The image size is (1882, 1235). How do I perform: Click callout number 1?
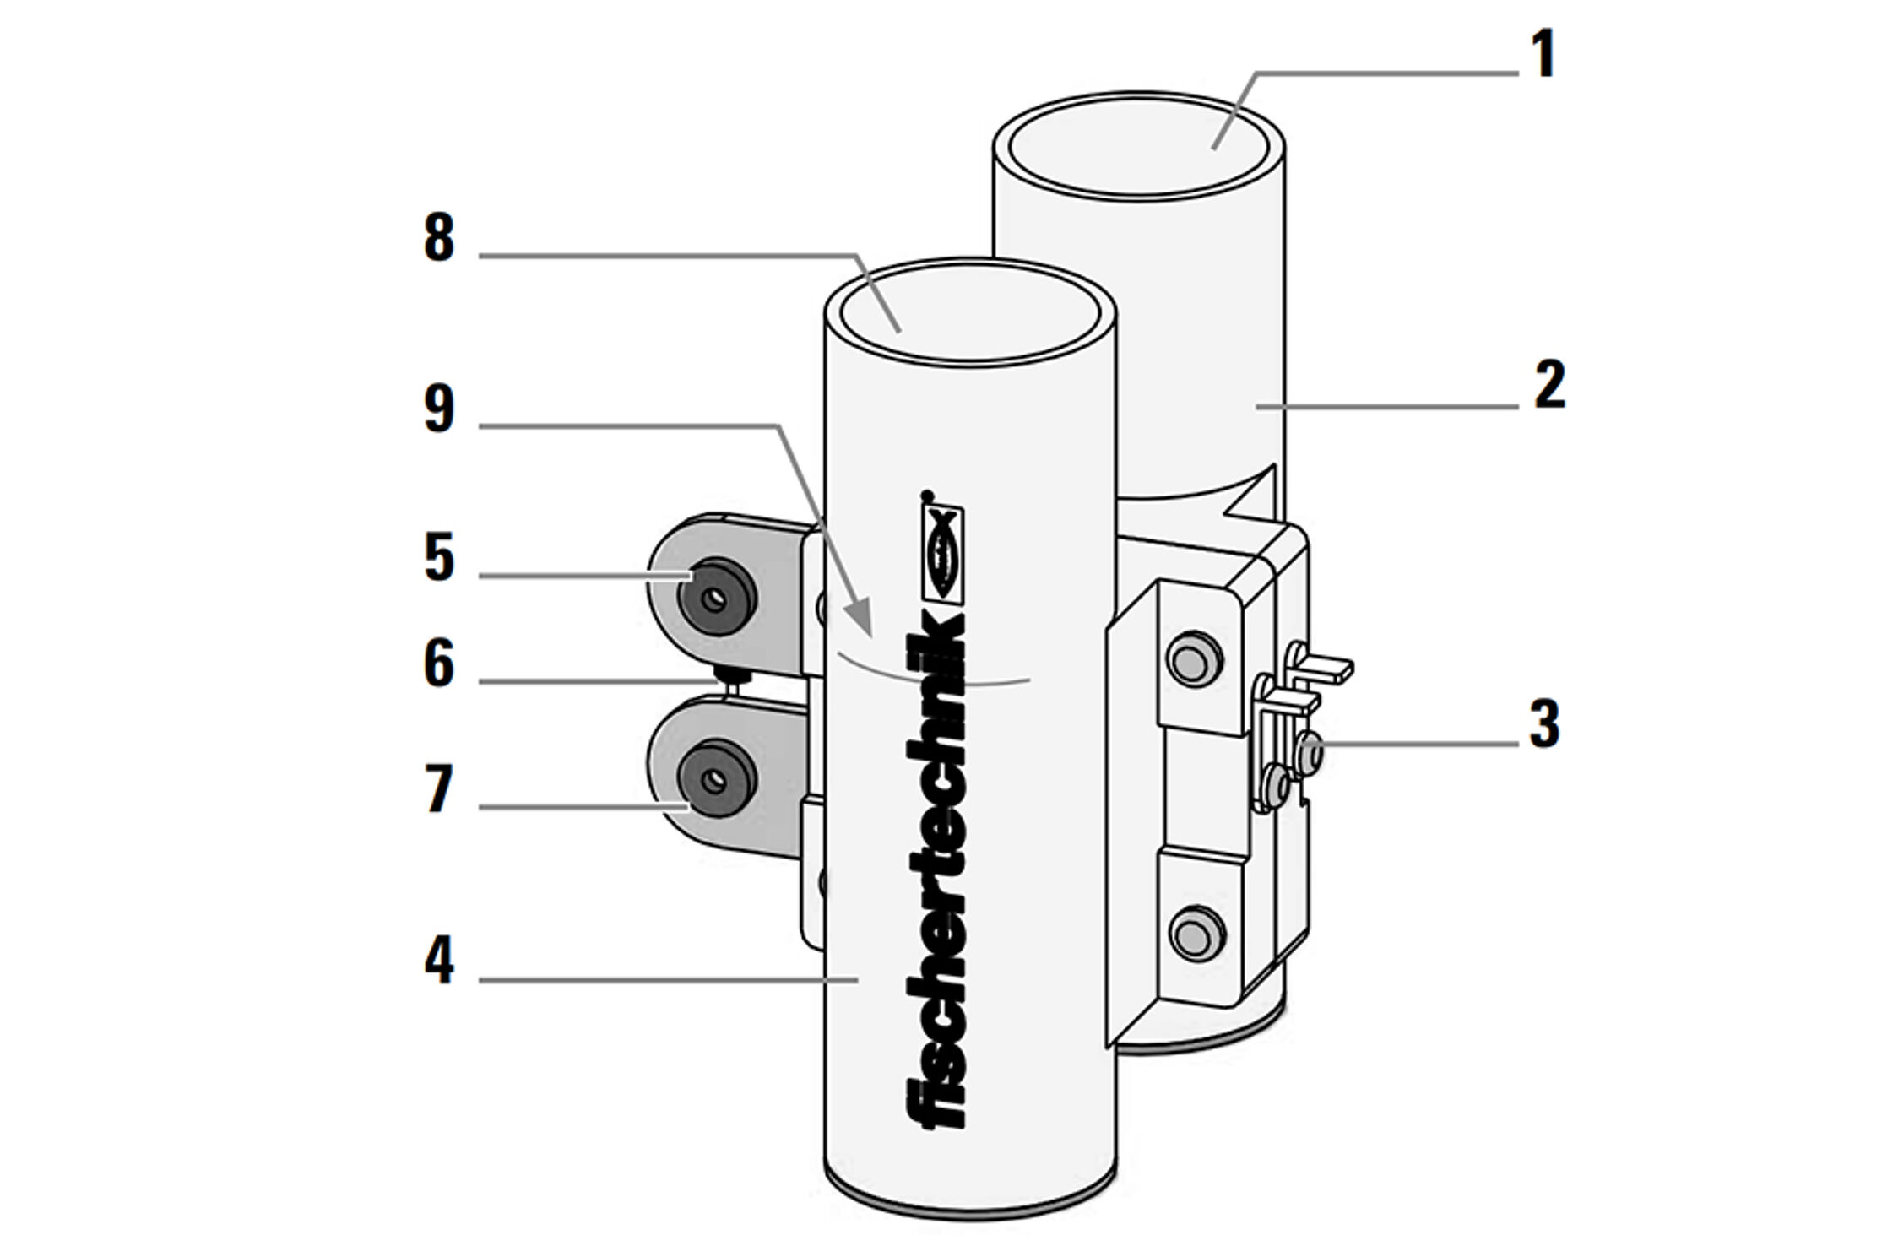(x=1543, y=54)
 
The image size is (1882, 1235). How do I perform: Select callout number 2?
(x=1549, y=385)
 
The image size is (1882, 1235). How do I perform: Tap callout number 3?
(x=1544, y=723)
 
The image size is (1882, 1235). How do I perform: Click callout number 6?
(x=439, y=663)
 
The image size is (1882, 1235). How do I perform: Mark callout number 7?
(x=440, y=789)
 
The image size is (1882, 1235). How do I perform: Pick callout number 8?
(x=439, y=237)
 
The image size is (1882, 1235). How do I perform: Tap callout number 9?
(x=439, y=409)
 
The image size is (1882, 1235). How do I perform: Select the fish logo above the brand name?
(x=942, y=553)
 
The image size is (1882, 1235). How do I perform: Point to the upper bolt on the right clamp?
(x=1193, y=658)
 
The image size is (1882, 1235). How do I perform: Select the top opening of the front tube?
(x=968, y=313)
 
